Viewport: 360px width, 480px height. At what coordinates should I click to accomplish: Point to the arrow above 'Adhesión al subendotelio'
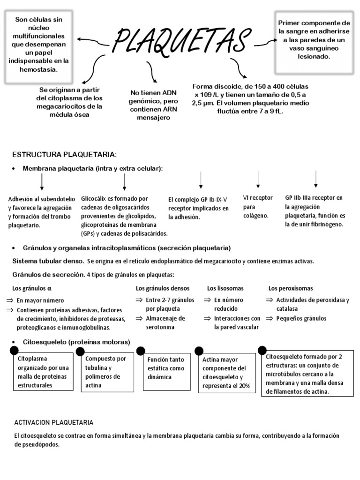coord(42,181)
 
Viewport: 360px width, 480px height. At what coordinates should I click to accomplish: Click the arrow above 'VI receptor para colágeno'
coord(258,180)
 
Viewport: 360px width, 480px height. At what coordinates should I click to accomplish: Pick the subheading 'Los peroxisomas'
coord(291,288)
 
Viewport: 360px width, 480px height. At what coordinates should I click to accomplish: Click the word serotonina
coord(160,327)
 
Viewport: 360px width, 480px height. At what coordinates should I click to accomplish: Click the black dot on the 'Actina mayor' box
coord(199,351)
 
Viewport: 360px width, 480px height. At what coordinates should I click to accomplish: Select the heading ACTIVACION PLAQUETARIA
coord(54,422)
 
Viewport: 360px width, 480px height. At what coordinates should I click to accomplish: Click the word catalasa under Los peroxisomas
coord(287,309)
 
